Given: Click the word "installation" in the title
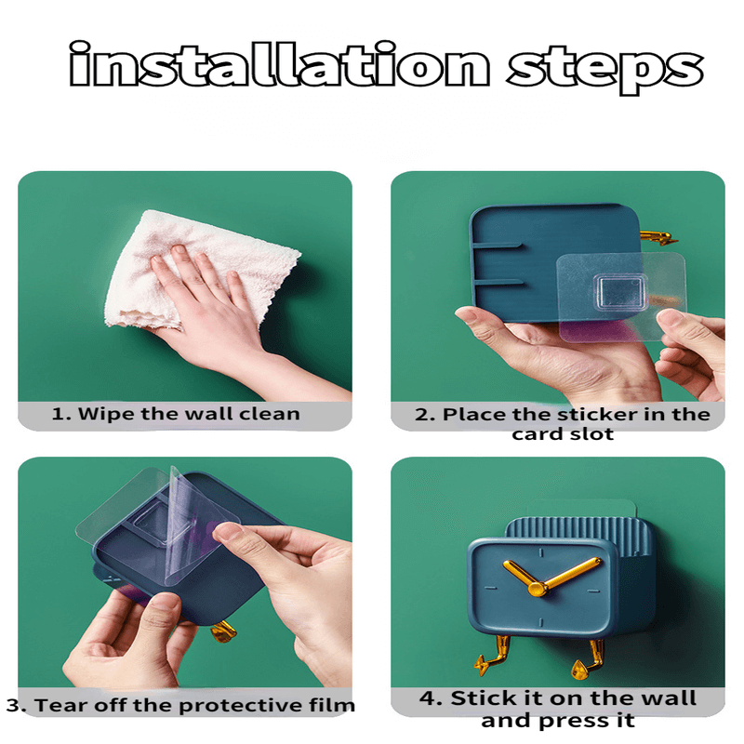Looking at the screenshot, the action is (279, 64).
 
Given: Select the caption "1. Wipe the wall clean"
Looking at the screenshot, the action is (176, 414).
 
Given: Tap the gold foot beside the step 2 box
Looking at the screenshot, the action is (658, 238).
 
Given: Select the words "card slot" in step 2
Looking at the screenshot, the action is (563, 433).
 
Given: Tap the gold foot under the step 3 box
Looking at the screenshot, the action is (223, 631).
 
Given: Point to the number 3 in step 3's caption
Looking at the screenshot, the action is (13, 705).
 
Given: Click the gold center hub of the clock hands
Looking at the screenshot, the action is (538, 589).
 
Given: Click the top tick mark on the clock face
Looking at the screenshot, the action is (540, 552).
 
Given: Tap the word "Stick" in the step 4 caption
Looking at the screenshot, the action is (479, 698).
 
